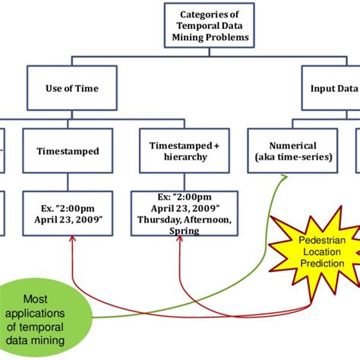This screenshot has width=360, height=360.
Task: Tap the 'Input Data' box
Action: [331, 88]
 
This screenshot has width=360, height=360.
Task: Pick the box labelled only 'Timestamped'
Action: [68, 151]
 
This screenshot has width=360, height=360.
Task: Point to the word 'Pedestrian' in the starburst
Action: [314, 239]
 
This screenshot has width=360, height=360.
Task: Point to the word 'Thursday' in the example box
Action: [158, 219]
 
